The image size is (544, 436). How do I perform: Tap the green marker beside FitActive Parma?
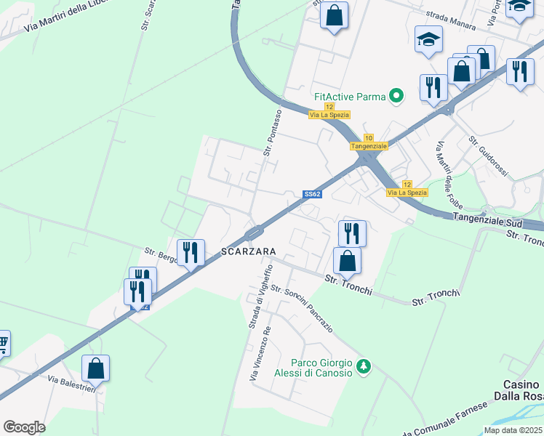click(x=396, y=95)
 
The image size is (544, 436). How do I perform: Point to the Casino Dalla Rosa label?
click(x=523, y=390)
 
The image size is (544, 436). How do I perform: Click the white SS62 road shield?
click(x=312, y=193)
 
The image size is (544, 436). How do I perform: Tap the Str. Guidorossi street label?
click(x=489, y=156)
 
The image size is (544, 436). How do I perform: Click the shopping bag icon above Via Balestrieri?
click(x=95, y=368)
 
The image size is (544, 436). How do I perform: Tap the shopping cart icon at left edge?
click(x=3, y=342)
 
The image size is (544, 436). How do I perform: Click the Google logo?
click(x=25, y=427)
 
